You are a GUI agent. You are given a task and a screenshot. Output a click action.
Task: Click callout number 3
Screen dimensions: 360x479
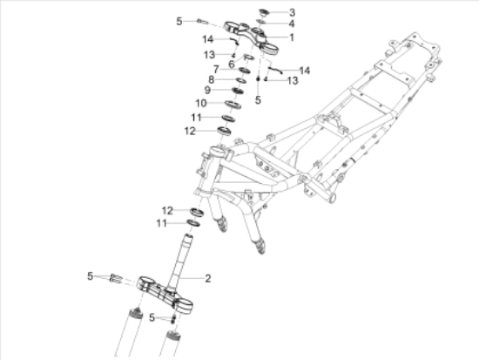point(292,12)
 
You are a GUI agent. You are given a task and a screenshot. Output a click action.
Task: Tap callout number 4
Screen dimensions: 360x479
point(292,24)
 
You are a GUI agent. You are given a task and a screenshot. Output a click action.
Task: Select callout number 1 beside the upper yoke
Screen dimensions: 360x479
point(292,37)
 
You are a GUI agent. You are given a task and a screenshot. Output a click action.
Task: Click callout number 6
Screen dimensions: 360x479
point(232,65)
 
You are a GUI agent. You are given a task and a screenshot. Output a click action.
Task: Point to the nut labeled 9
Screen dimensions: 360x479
point(238,90)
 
